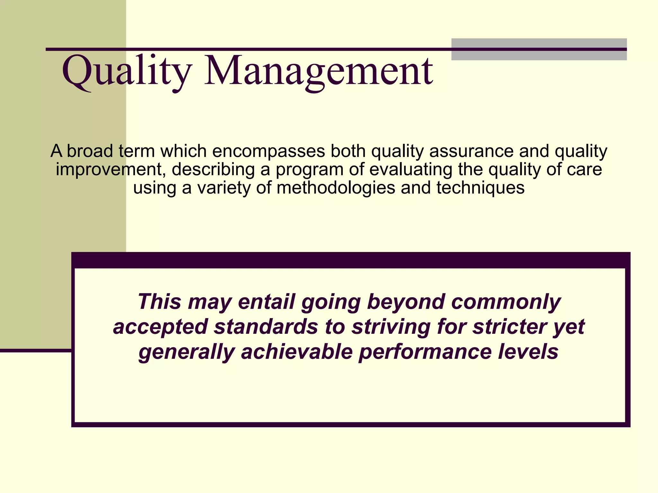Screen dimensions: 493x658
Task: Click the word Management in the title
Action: (318, 71)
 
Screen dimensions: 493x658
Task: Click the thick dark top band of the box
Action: (350, 260)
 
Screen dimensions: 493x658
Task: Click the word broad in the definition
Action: (90, 151)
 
